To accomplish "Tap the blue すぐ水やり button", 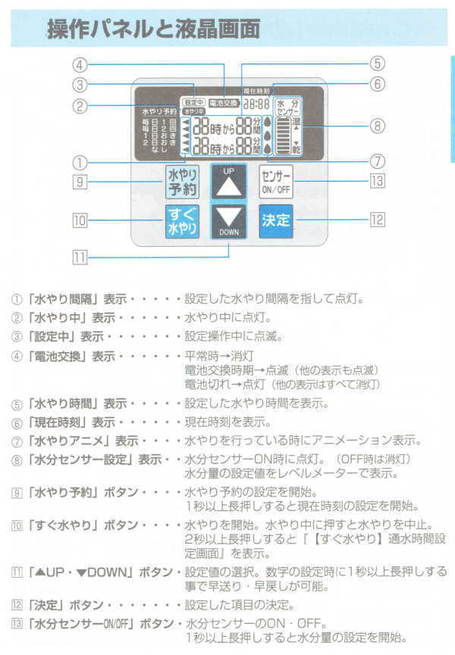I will (183, 221).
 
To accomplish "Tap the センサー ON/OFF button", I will (275, 182).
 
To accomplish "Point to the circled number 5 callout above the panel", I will (377, 64).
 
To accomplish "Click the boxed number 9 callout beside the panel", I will (80, 181).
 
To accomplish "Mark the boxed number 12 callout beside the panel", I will (377, 220).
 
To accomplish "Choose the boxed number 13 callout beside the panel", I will (377, 181).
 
